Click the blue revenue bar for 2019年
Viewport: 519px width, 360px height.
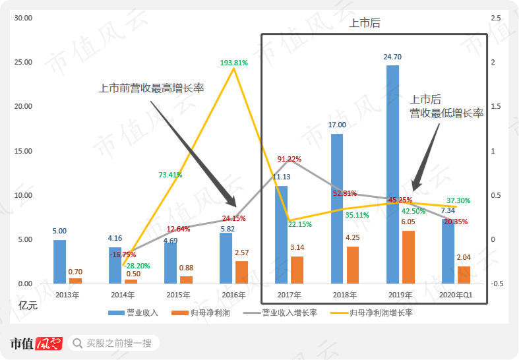click(x=392, y=174)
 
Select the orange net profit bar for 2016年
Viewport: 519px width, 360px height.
click(x=241, y=272)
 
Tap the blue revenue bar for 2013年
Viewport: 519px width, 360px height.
click(x=59, y=262)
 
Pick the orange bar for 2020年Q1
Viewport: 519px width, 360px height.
click(x=464, y=275)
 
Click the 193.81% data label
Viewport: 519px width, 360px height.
click(x=234, y=63)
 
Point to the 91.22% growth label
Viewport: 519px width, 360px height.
click(x=290, y=159)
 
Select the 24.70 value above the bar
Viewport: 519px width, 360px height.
click(x=392, y=57)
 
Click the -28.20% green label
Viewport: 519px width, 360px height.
click(x=137, y=266)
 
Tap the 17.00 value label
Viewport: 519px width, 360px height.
click(x=337, y=125)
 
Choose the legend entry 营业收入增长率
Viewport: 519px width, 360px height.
click(x=280, y=313)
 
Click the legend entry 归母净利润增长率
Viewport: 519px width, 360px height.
click(x=371, y=313)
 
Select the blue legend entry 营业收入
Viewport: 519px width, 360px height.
click(x=133, y=313)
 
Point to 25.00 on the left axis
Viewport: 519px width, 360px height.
click(x=23, y=62)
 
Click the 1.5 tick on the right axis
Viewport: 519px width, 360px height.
click(x=496, y=106)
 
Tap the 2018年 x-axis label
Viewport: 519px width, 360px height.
click(x=344, y=295)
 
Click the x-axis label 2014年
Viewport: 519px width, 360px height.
click(x=123, y=295)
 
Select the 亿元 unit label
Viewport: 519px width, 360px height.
click(x=28, y=305)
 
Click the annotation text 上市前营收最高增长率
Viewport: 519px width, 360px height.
click(x=151, y=88)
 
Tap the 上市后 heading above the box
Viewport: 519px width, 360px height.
click(x=365, y=23)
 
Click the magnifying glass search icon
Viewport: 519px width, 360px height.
click(x=77, y=343)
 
